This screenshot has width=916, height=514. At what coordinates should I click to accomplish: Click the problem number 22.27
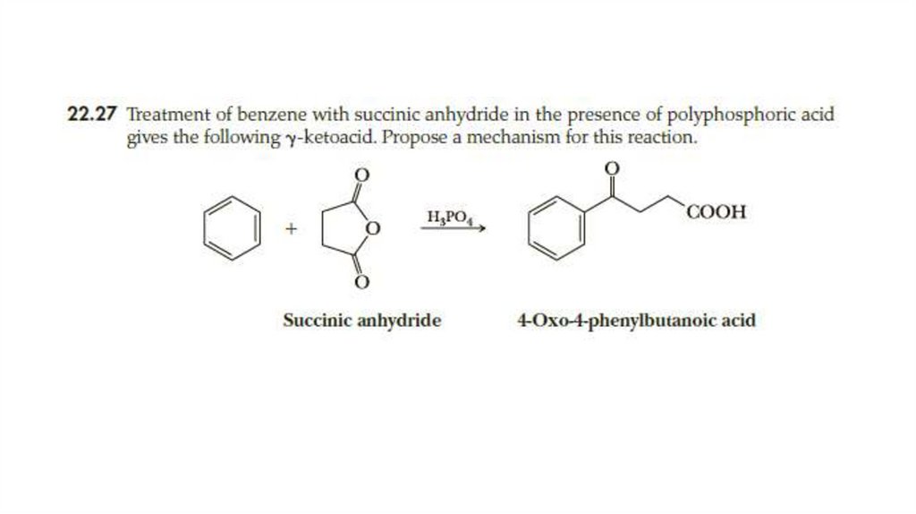(x=94, y=116)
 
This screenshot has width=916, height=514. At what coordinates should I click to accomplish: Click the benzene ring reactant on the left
(x=233, y=231)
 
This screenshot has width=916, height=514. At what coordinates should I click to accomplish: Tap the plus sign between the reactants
(x=290, y=230)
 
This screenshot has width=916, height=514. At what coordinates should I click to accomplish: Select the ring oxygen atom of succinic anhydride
(x=374, y=230)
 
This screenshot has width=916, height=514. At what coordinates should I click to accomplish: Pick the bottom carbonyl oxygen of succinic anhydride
(x=361, y=285)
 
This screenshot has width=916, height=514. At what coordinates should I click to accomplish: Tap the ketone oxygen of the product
(x=612, y=168)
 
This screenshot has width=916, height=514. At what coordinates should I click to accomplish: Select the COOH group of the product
(x=717, y=213)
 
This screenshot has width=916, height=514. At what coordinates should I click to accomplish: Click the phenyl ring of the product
(x=558, y=228)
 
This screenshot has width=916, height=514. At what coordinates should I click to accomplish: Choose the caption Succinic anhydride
(x=361, y=320)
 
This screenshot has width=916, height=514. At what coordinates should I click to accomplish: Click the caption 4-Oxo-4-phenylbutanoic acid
(x=636, y=320)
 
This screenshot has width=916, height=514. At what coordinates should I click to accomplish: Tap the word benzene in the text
(x=269, y=116)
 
